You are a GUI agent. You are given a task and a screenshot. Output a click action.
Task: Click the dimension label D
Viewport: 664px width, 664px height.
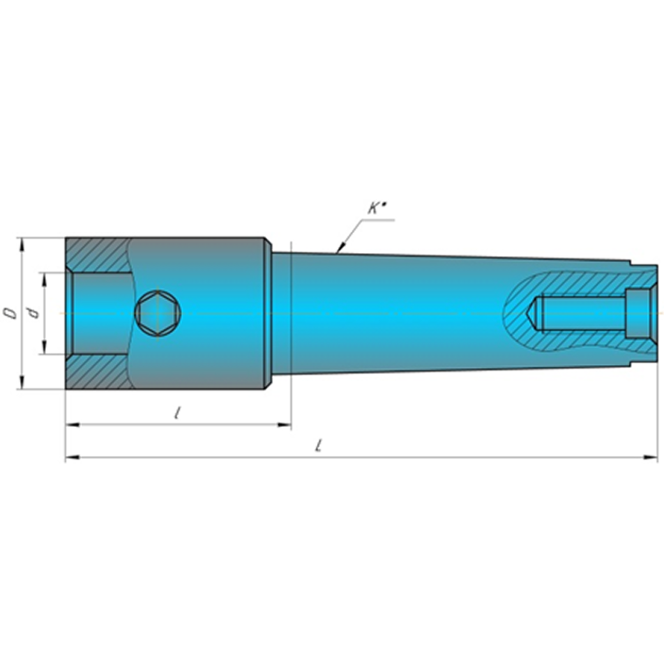(x=10, y=312)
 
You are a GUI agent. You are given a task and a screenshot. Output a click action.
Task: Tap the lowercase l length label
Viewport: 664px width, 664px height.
(x=177, y=412)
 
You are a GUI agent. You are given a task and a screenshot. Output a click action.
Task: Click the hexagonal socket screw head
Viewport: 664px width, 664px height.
(x=158, y=313)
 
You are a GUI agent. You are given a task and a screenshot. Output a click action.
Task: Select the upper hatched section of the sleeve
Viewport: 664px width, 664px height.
(x=96, y=255)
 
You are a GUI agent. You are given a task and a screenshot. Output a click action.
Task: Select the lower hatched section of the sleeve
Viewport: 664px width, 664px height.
(x=96, y=372)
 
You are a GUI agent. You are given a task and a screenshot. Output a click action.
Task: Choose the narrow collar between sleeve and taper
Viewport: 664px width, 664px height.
(x=268, y=313)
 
